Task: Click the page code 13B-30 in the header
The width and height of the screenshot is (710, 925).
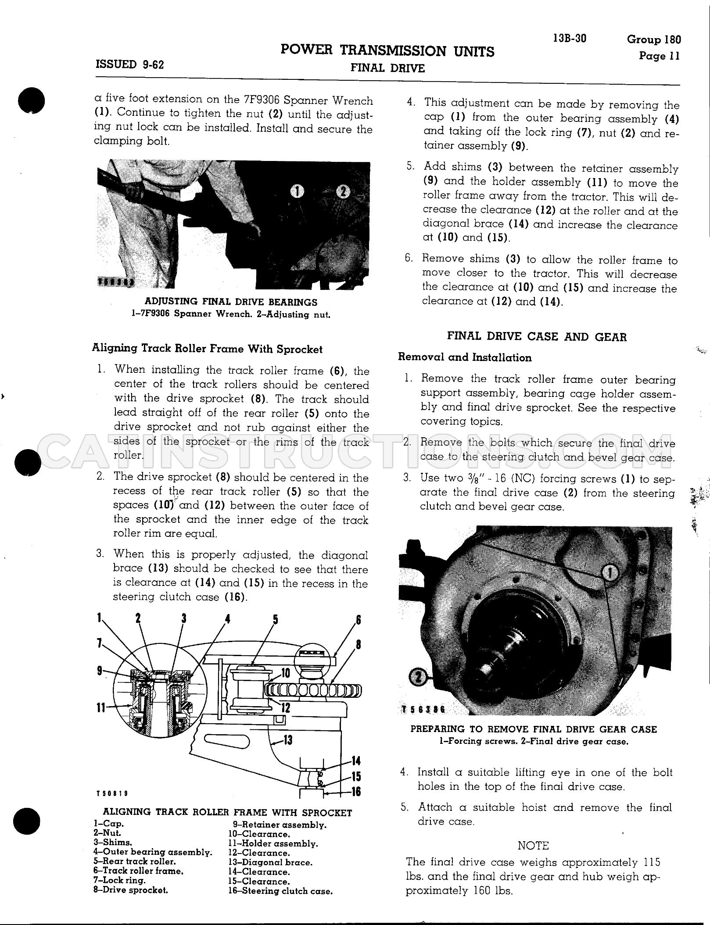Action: [570, 38]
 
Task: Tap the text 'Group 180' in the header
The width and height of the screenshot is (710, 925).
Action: [654, 39]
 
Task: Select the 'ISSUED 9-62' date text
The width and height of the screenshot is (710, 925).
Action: [129, 64]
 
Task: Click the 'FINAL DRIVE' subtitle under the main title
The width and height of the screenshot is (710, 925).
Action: [387, 68]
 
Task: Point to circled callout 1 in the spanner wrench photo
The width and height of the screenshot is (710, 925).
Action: [298, 191]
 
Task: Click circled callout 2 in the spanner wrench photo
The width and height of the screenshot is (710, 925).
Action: [343, 191]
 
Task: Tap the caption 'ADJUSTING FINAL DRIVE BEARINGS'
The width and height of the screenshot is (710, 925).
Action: [231, 302]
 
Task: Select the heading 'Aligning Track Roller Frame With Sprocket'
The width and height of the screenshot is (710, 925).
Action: [207, 349]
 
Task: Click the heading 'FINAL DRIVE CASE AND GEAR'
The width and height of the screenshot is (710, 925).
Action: [537, 337]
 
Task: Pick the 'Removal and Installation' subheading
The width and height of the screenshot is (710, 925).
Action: [465, 357]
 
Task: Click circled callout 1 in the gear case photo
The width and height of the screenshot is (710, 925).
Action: [610, 572]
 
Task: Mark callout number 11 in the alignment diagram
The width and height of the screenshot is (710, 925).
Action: [101, 707]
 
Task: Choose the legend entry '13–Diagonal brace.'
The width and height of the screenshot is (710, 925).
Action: [270, 862]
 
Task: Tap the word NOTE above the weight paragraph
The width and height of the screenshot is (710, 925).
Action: [533, 845]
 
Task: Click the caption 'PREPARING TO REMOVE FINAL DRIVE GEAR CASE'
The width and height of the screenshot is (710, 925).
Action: [534, 729]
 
